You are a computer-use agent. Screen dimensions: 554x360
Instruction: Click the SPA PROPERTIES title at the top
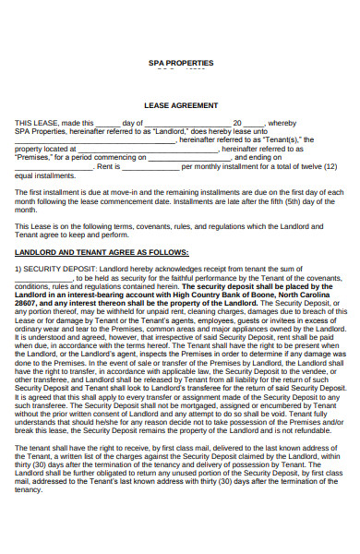click(x=180, y=63)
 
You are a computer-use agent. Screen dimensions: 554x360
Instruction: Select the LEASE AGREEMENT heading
click(x=180, y=105)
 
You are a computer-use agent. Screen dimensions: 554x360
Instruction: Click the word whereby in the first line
click(x=282, y=123)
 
